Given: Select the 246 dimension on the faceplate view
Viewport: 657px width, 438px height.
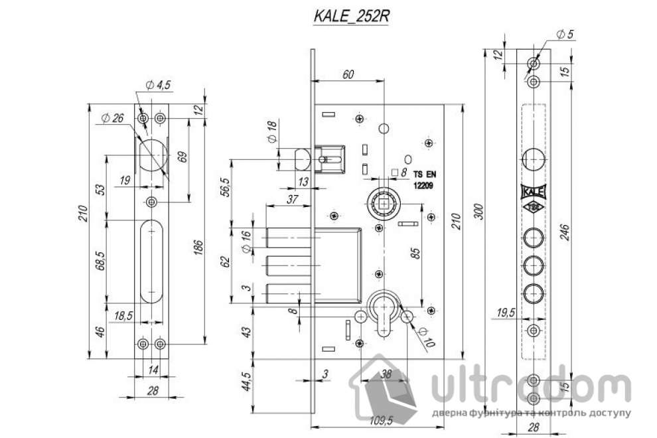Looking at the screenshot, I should tap(563, 232).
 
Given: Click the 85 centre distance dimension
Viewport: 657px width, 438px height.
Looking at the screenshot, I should tap(415, 253).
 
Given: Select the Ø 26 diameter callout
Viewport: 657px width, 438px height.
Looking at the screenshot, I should tap(112, 118).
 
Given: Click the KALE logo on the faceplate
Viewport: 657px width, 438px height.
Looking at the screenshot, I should tap(533, 192).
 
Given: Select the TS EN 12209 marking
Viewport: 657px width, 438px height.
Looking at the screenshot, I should tap(423, 180).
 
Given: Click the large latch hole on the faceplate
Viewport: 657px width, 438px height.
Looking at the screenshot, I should tap(534, 159).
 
